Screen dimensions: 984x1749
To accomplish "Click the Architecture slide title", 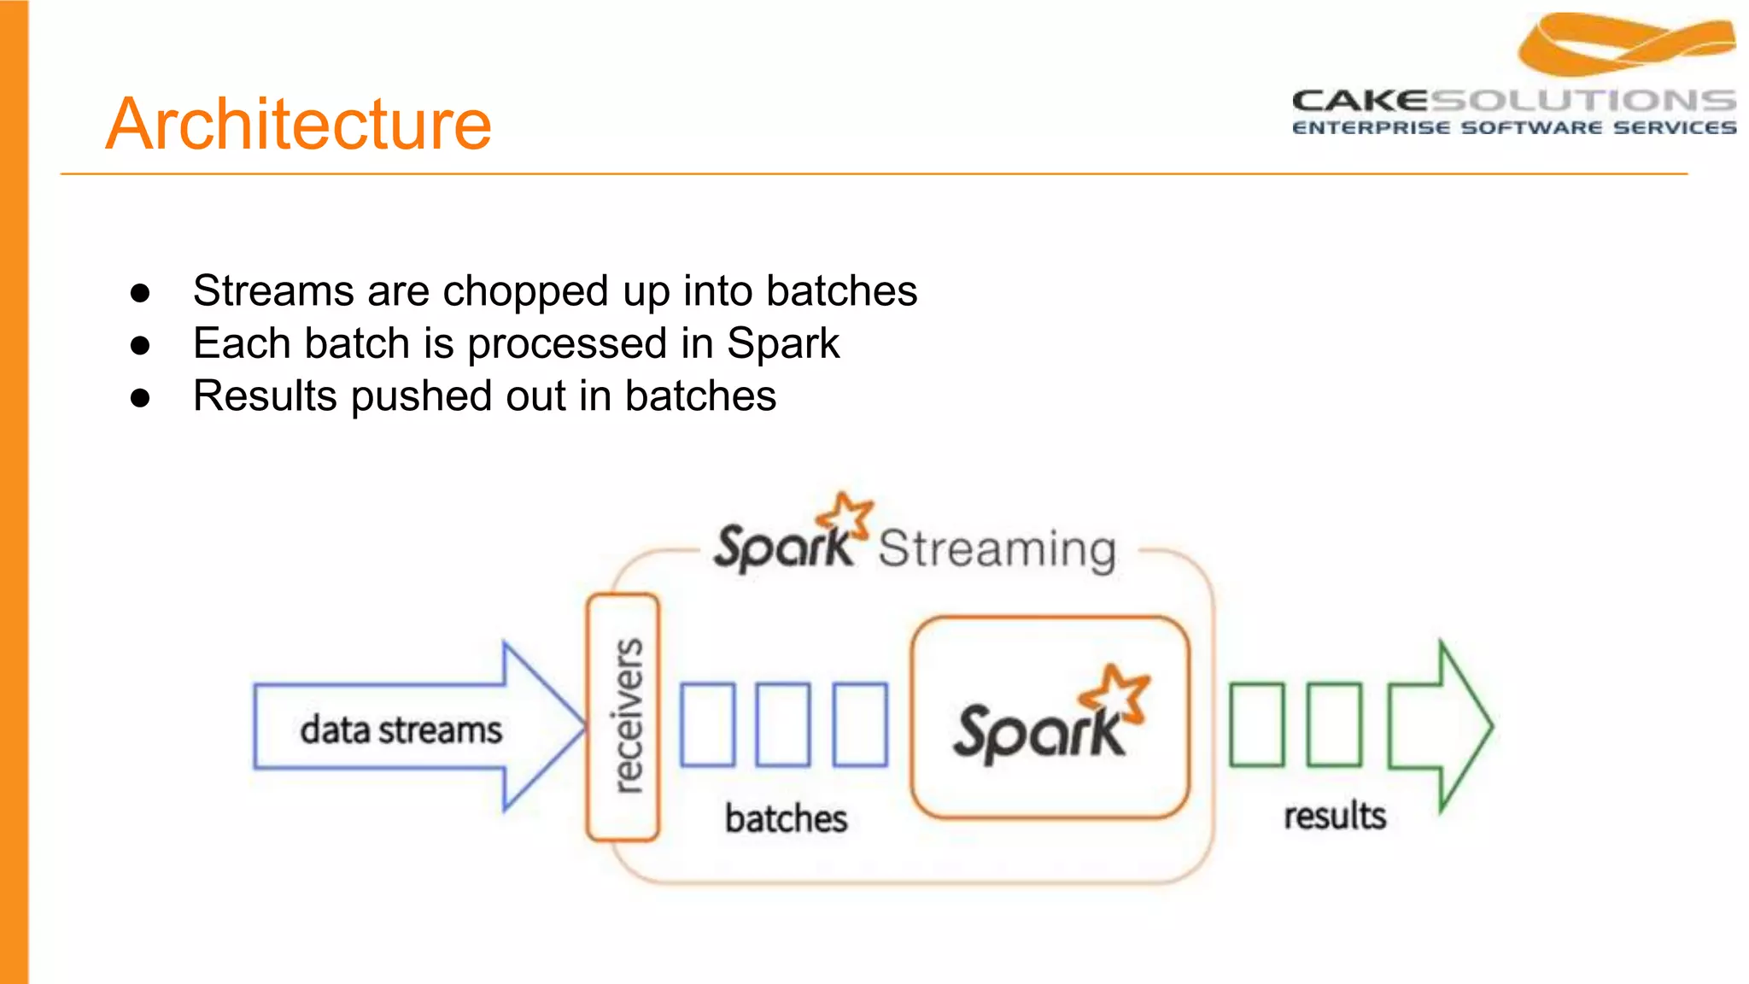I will click(298, 125).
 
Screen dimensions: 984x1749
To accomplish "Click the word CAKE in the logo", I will click(1359, 102).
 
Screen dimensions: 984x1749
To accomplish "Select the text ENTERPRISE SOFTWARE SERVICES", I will click(1513, 128).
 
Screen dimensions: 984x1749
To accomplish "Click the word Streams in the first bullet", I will click(273, 291).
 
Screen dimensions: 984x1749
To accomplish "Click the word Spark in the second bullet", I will click(782, 344).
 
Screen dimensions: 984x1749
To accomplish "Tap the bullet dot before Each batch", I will click(140, 346).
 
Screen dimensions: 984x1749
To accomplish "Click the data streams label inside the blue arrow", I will click(401, 730).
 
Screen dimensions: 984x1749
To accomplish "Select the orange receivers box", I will click(623, 717).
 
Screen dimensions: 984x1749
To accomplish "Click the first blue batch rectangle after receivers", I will click(707, 723).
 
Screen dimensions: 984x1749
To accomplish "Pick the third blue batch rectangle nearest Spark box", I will click(860, 723).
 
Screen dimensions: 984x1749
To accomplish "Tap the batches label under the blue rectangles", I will click(786, 818).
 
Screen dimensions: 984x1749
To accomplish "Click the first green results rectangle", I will click(1256, 724).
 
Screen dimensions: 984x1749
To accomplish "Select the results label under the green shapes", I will click(1335, 816).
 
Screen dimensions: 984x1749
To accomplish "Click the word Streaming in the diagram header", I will click(997, 548).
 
